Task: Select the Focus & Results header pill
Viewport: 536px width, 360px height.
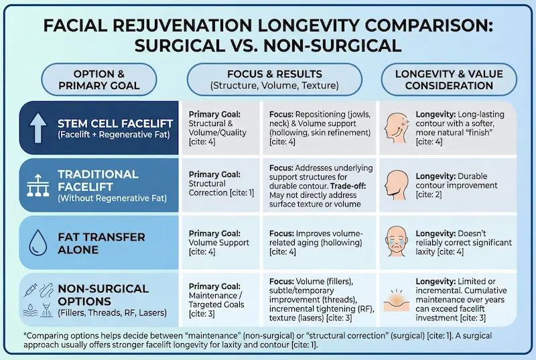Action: point(275,78)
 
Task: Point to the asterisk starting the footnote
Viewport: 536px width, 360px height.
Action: point(24,333)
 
